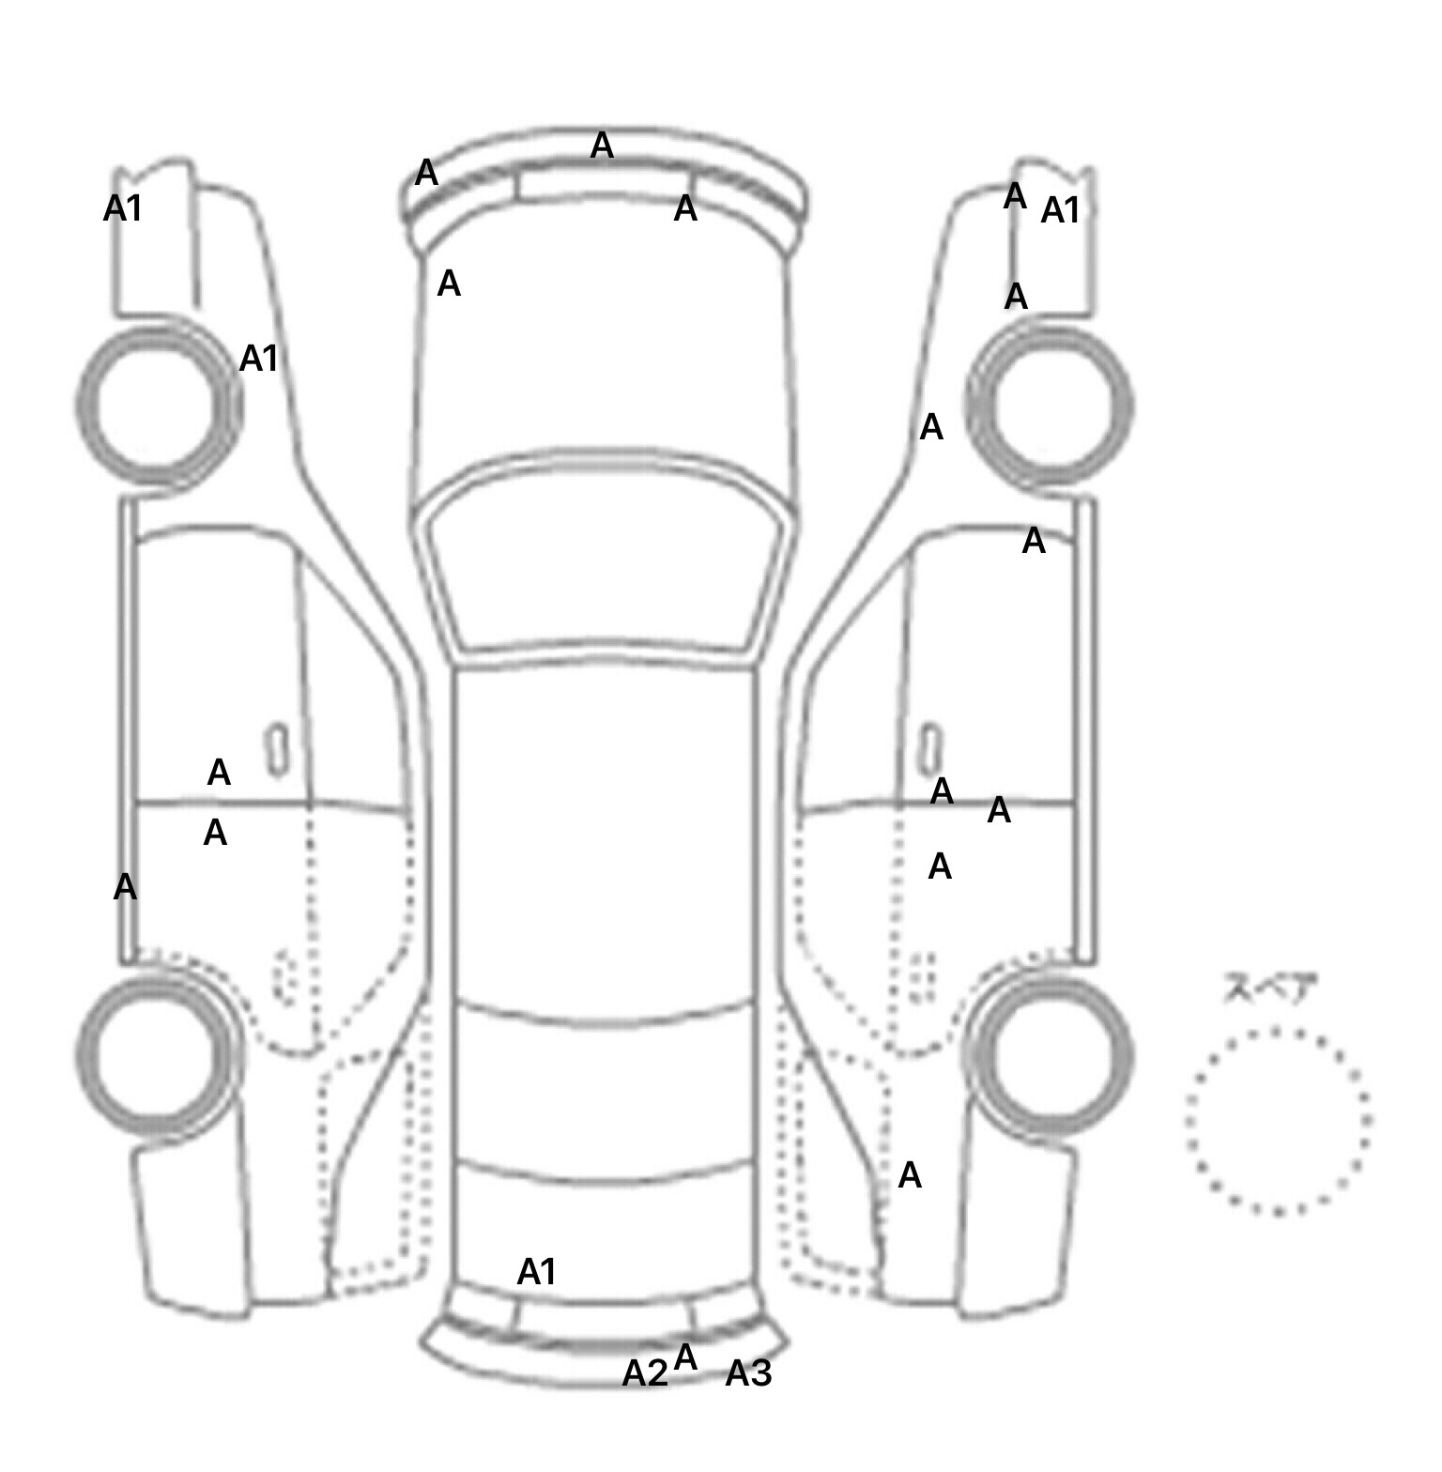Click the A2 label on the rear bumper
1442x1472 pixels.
pyautogui.click(x=645, y=1373)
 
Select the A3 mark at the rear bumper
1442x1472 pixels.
pyautogui.click(x=748, y=1373)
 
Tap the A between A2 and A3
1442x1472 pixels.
pyautogui.click(x=686, y=1357)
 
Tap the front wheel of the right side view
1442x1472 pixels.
pyautogui.click(x=1051, y=406)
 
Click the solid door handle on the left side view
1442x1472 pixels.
pyautogui.click(x=277, y=750)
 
